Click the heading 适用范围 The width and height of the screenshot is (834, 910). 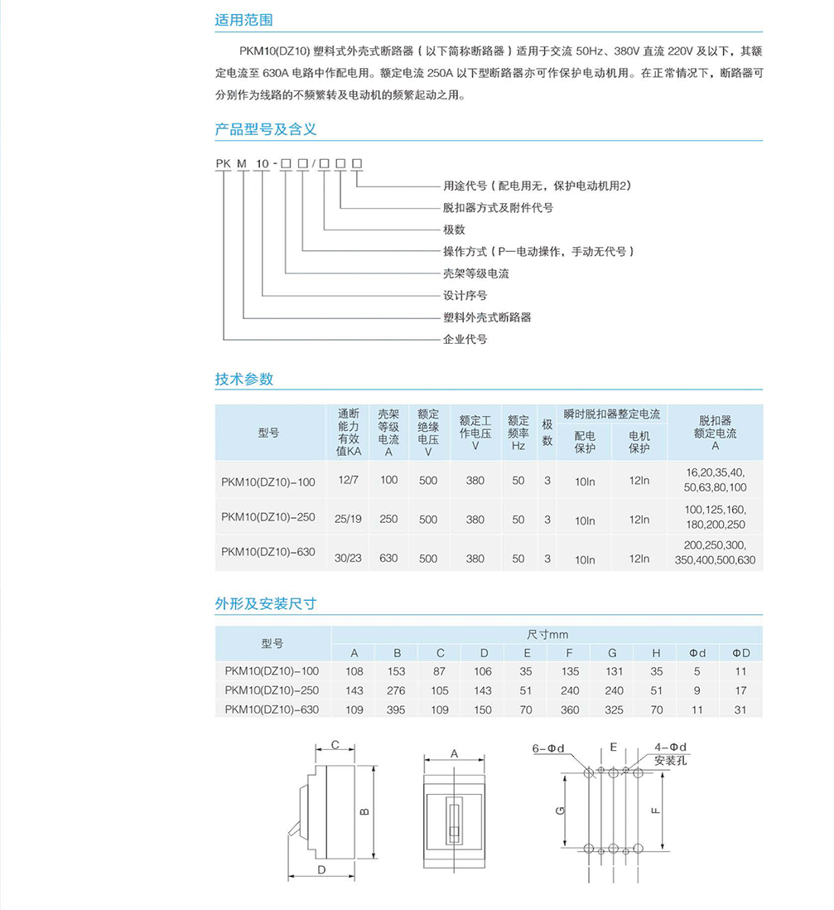(243, 21)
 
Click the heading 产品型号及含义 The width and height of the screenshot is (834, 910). (266, 130)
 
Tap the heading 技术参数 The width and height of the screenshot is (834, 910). (243, 380)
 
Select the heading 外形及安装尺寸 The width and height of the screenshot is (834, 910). (266, 604)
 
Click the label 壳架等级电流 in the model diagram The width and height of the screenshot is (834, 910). (476, 273)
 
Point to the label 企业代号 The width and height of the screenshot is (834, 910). (465, 339)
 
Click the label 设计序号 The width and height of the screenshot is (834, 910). (465, 295)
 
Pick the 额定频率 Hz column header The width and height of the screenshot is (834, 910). (518, 433)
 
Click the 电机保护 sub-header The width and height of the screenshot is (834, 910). (639, 442)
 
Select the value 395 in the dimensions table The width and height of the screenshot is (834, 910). (397, 709)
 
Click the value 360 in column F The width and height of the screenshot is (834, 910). (570, 709)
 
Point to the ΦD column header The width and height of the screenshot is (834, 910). (740, 653)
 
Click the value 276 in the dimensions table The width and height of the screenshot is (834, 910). (397, 690)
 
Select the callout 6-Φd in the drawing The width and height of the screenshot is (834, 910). (548, 748)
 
